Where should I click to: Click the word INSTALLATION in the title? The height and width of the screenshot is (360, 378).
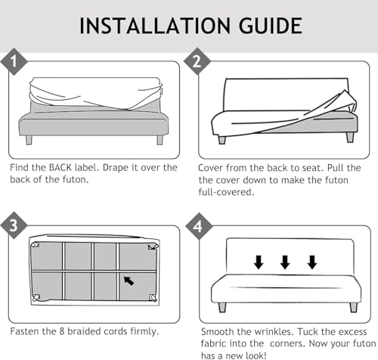click(x=155, y=26)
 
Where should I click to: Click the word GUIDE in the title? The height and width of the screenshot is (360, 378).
click(x=270, y=26)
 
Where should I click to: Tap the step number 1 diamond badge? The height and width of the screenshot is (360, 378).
click(x=14, y=61)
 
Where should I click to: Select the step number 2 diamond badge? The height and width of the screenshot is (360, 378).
click(x=197, y=61)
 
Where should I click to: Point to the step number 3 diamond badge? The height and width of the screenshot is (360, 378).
click(x=14, y=225)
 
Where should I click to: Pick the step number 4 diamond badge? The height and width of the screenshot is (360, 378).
click(x=199, y=226)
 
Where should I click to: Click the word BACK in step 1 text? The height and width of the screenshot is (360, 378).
click(x=60, y=168)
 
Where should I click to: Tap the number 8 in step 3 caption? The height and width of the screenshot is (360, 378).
click(x=62, y=331)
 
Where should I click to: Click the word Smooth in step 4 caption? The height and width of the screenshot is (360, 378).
click(x=217, y=331)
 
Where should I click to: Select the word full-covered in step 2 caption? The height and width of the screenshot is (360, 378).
click(x=226, y=192)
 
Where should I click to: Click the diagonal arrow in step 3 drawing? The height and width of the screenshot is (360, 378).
click(x=129, y=281)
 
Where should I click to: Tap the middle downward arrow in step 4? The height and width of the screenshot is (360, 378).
click(x=285, y=262)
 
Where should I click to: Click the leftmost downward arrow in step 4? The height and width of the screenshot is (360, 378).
click(x=259, y=262)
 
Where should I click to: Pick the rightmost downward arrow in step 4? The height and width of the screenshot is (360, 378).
click(x=312, y=262)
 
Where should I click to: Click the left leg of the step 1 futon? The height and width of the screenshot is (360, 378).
click(x=29, y=140)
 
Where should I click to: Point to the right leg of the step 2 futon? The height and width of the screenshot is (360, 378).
click(x=350, y=137)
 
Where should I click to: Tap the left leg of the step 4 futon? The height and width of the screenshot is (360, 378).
click(x=222, y=307)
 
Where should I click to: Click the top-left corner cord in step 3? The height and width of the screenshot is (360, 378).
click(x=35, y=244)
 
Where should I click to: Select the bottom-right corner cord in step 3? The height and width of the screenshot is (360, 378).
click(x=153, y=298)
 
